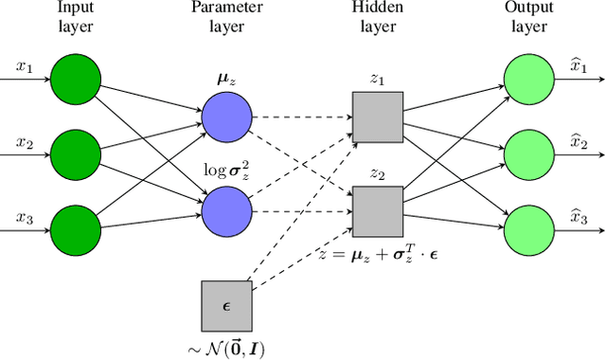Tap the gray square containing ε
(x=226, y=305)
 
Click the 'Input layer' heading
(x=75, y=18)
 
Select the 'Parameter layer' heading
(x=226, y=18)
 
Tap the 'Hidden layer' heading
(x=378, y=18)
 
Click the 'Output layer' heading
(x=529, y=18)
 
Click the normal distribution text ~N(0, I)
(x=226, y=348)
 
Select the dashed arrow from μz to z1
(x=301, y=117)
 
